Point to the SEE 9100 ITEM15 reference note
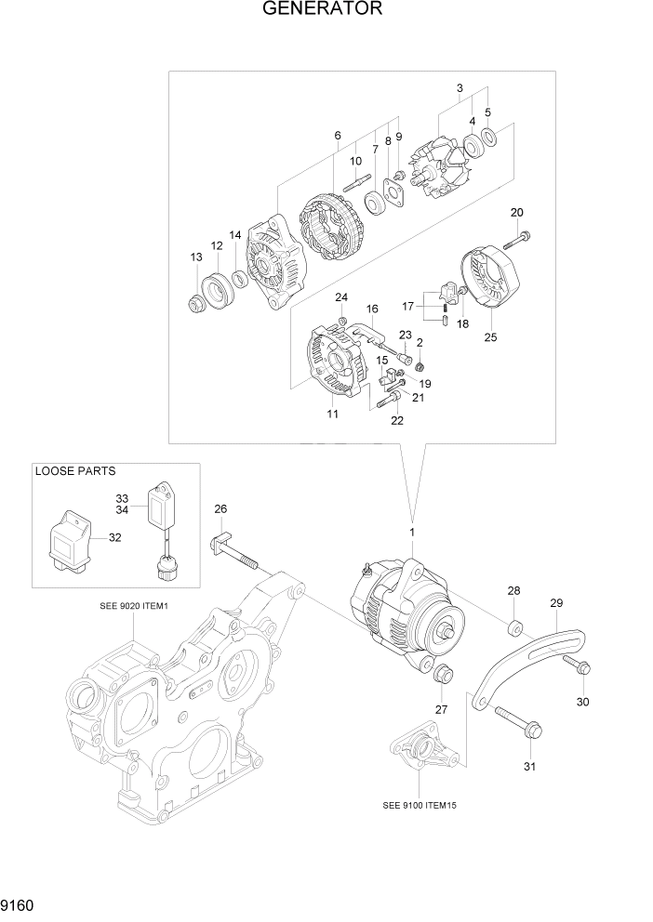[x=425, y=806]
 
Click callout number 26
[x=220, y=508]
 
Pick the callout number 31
[x=530, y=767]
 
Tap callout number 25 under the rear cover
[x=490, y=337]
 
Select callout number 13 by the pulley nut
[x=196, y=257]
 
